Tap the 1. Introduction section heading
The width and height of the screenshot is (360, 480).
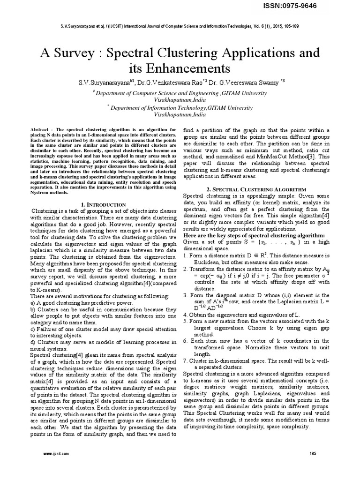(x=103, y=205)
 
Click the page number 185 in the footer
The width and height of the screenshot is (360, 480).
(x=313, y=454)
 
